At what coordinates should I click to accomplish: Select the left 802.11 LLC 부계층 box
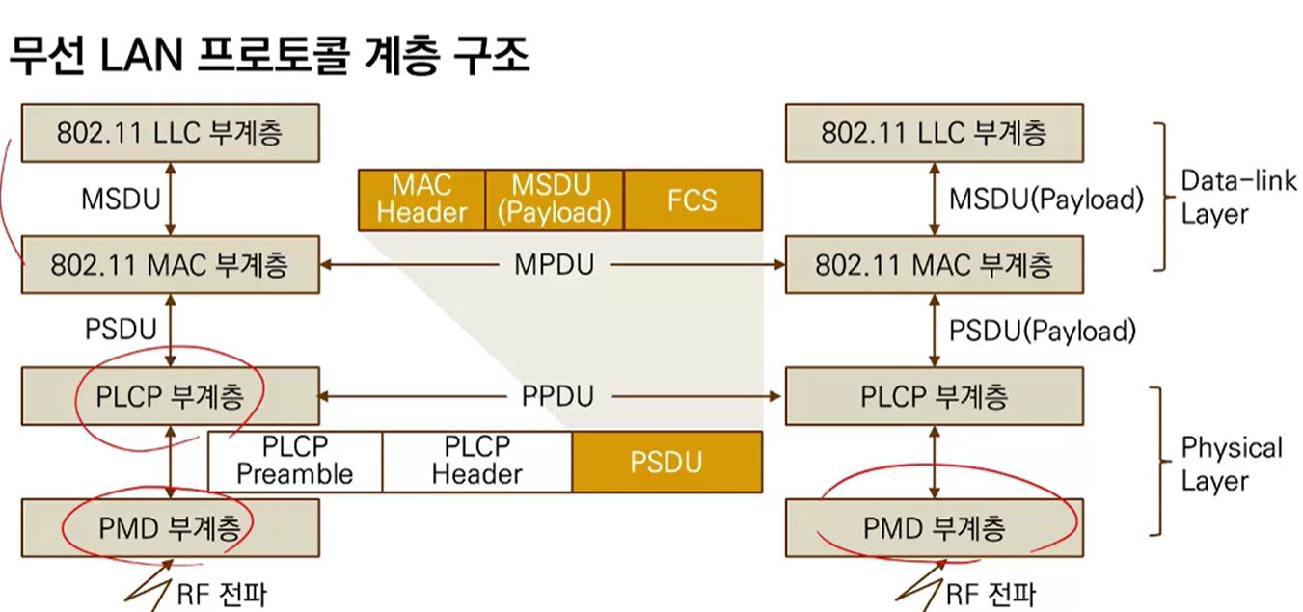tap(170, 133)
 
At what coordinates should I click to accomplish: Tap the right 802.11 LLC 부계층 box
tap(933, 133)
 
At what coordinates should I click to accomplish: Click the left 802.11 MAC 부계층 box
tap(170, 264)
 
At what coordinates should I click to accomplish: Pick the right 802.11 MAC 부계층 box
tap(933, 264)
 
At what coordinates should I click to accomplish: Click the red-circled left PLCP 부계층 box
tap(170, 396)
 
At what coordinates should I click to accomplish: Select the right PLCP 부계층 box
tap(933, 396)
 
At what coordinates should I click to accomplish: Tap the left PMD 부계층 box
tap(170, 527)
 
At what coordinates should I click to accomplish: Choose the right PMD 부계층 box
tap(933, 527)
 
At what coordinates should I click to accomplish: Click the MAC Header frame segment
tap(421, 200)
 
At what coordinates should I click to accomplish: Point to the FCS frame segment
tap(692, 200)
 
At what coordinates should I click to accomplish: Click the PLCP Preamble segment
tap(295, 461)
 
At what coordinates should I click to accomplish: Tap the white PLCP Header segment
tap(476, 461)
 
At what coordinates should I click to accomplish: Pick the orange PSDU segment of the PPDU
tap(666, 461)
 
